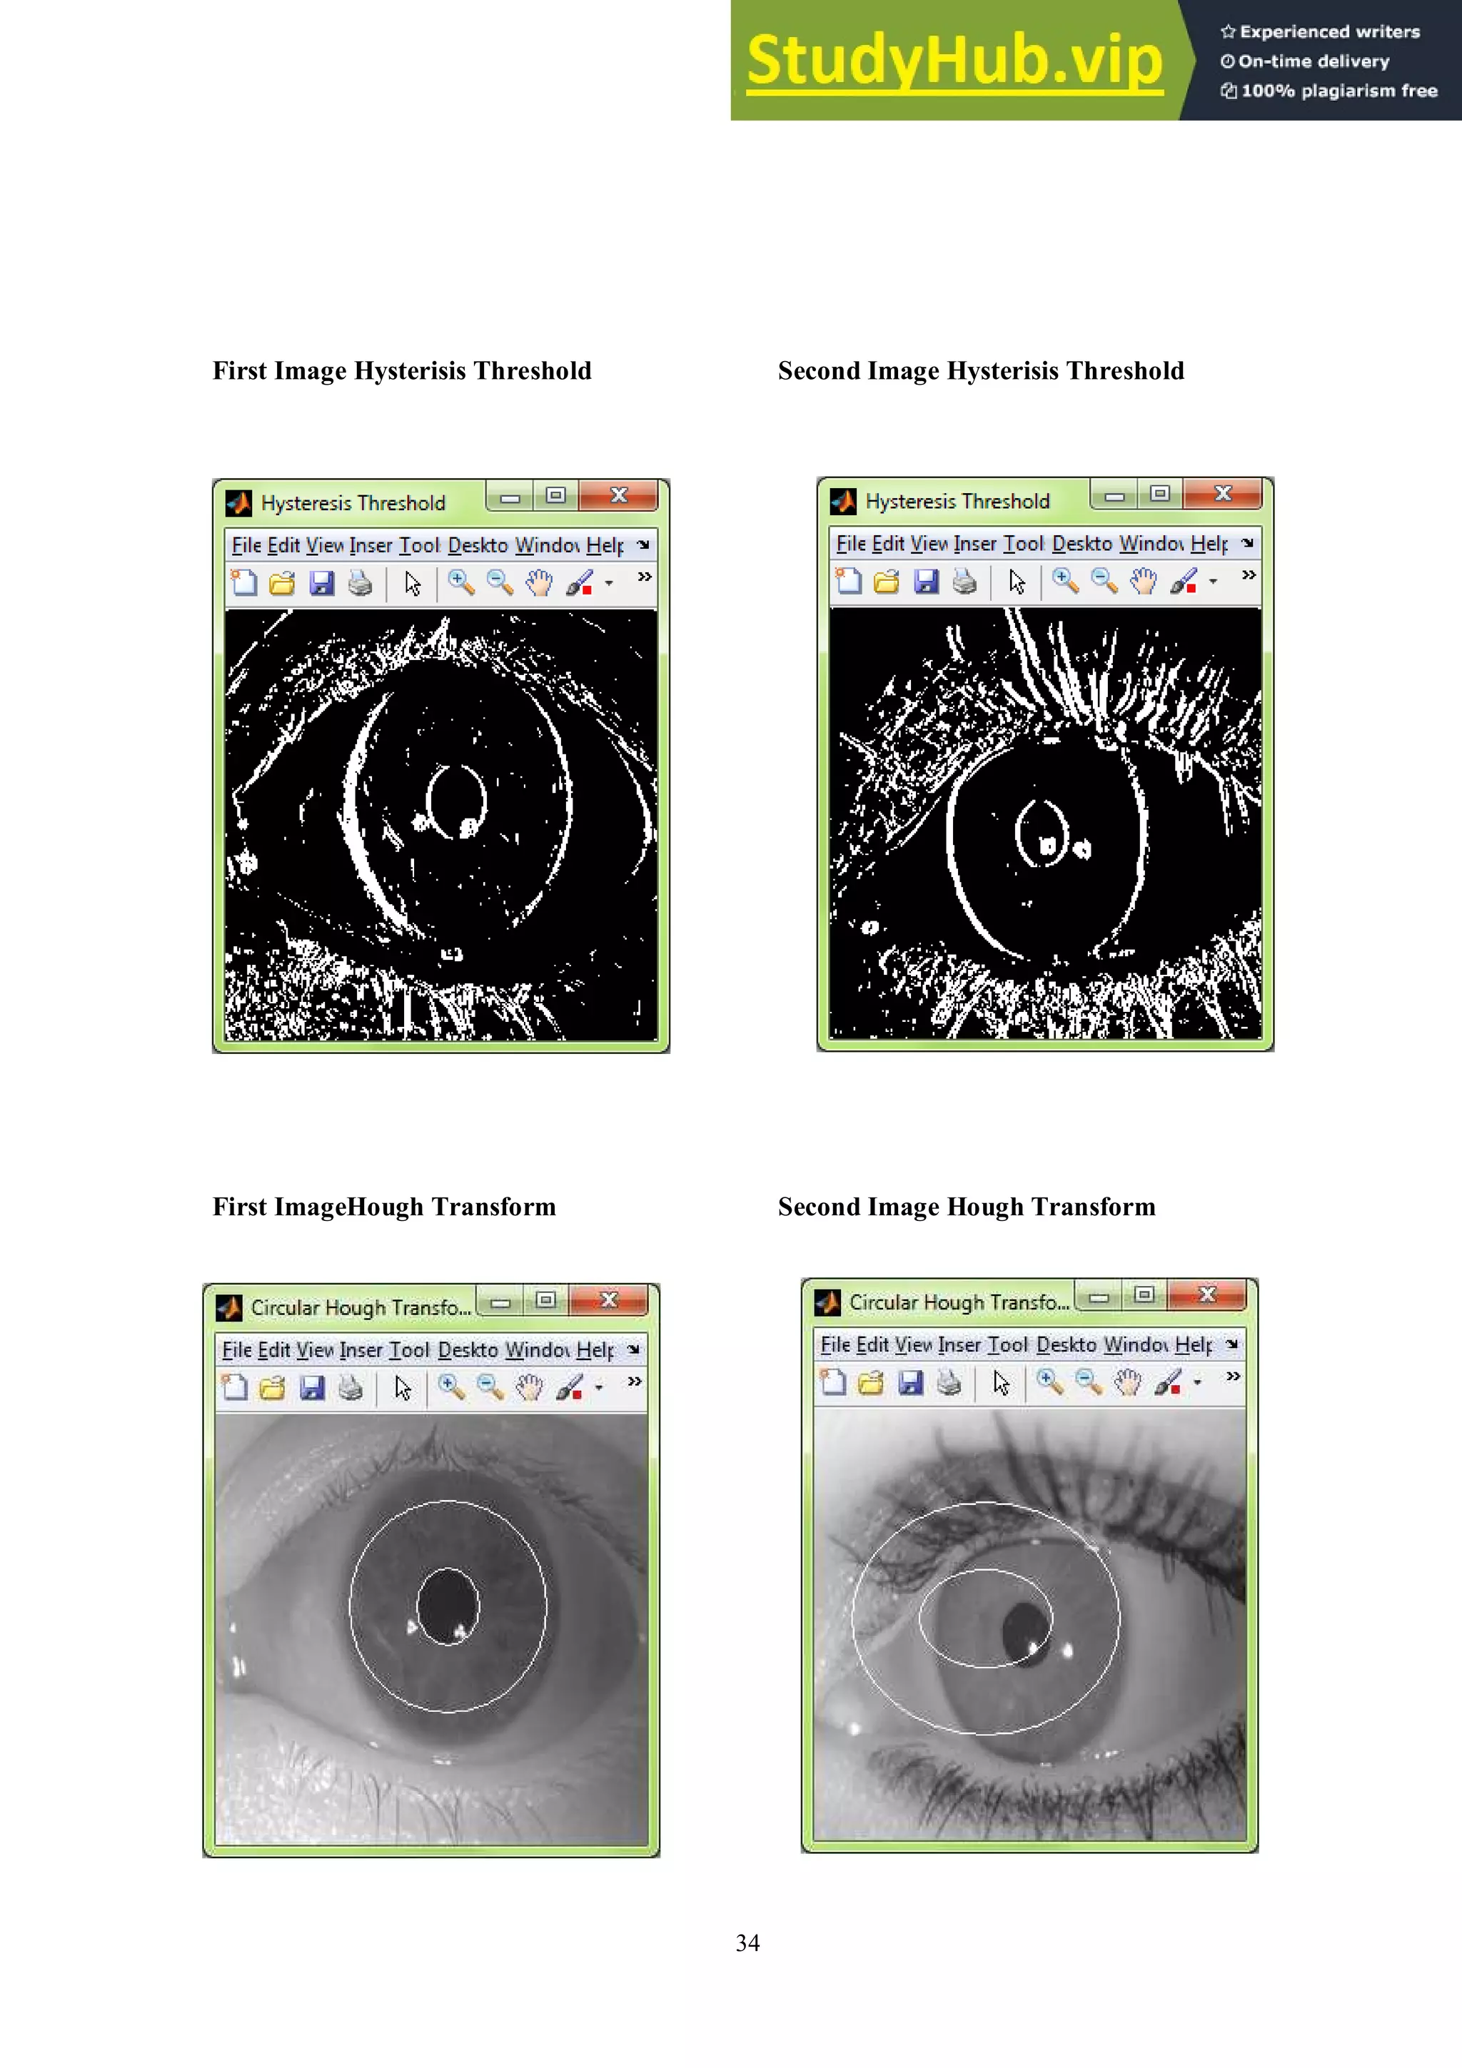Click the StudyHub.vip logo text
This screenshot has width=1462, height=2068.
click(x=954, y=61)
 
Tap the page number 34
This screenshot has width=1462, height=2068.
click(x=747, y=1943)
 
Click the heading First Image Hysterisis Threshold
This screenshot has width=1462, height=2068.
click(x=402, y=371)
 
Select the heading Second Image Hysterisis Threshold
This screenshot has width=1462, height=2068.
click(x=980, y=371)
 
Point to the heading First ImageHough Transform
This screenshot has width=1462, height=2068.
click(x=384, y=1207)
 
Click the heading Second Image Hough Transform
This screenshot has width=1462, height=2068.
click(x=966, y=1207)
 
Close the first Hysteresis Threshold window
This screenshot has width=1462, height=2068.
click(x=619, y=495)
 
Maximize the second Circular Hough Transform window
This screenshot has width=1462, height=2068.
click(x=1144, y=1295)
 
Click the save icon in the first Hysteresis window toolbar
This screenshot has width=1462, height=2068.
click(x=321, y=584)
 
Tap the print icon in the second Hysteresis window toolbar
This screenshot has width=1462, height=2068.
click(x=964, y=582)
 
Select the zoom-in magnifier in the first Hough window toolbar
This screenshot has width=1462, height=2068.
click(x=450, y=1387)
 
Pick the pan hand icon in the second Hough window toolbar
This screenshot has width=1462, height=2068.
click(x=1127, y=1382)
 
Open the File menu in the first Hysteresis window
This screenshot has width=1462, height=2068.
click(x=246, y=546)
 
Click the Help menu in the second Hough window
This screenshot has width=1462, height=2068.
click(x=1194, y=1344)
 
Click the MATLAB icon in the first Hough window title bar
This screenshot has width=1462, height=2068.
click(x=229, y=1307)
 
